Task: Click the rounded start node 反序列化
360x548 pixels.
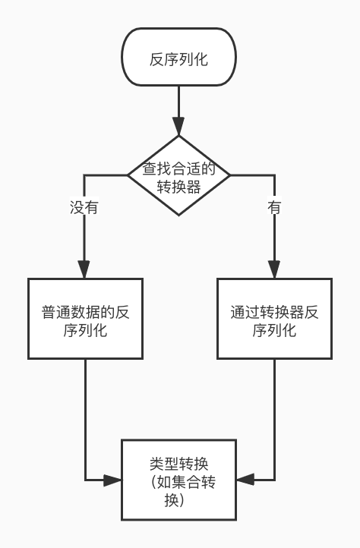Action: pos(179,58)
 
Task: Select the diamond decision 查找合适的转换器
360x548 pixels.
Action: pos(179,176)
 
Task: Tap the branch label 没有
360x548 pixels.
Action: pos(84,207)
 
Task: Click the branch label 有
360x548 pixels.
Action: pos(274,207)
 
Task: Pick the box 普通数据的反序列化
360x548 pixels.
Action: pos(84,319)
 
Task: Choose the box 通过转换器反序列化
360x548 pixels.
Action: pos(274,319)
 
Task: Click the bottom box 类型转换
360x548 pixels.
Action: pos(179,480)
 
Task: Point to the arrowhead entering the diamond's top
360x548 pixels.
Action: pos(179,128)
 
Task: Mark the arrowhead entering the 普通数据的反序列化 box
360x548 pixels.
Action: pos(84,269)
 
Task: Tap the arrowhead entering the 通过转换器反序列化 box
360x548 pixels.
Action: pos(274,269)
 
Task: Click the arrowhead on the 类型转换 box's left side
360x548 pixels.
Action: pos(113,480)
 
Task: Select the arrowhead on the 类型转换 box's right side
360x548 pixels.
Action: pos(245,480)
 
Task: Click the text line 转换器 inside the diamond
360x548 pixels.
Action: pos(179,187)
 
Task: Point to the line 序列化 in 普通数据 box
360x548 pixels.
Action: pos(84,331)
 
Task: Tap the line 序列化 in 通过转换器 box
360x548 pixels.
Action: pos(274,331)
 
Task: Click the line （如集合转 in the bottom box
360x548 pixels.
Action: pos(179,483)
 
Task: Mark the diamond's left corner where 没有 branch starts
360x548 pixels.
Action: pos(128,176)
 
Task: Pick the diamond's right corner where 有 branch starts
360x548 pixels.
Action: pos(230,176)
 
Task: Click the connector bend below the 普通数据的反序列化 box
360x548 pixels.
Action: pos(84,480)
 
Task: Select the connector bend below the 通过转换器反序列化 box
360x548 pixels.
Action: pos(274,480)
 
